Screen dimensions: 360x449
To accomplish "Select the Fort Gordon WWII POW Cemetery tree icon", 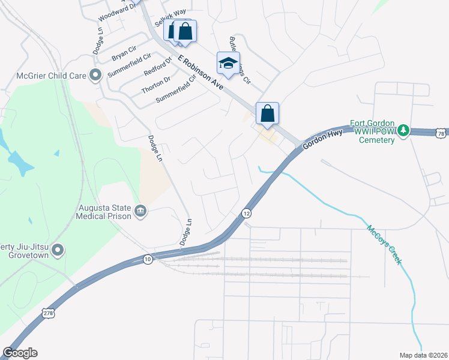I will [404, 130].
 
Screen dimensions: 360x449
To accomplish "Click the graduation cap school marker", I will [228, 64].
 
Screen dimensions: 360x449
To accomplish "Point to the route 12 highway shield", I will [246, 213].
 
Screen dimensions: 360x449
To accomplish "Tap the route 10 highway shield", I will [148, 259].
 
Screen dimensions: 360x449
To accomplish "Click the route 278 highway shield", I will [48, 313].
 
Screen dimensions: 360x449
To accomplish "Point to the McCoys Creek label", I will [384, 244].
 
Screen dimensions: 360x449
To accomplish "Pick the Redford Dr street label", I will [158, 66].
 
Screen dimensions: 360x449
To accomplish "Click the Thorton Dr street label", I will [156, 85].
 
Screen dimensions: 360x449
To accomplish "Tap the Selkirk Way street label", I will [170, 17].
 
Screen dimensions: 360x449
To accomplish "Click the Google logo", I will [20, 353].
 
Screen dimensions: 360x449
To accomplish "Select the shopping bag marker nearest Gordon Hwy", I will [267, 113].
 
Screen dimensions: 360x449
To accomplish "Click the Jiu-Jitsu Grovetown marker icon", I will [58, 249].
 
